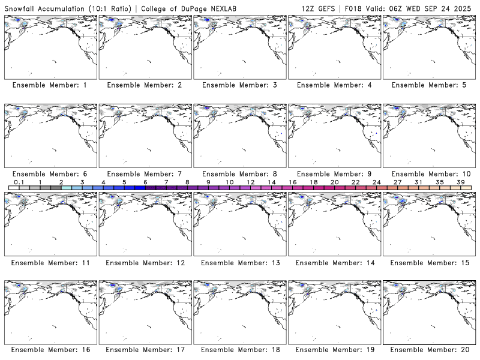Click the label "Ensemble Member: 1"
point(50,85)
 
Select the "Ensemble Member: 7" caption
point(145,174)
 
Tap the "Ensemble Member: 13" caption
point(239,263)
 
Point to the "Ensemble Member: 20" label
point(430,349)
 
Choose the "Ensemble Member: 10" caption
point(430,174)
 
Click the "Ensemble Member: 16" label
point(50,349)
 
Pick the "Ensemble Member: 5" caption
point(430,85)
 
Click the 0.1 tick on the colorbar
point(19,181)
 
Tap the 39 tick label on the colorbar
point(460,181)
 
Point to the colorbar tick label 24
point(376,181)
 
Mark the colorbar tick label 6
point(145,181)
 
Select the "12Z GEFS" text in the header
point(319,8)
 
